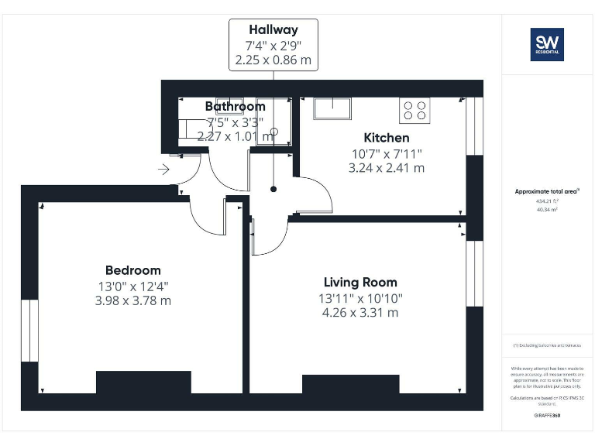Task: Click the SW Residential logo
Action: [x=546, y=44]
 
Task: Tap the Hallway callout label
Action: [x=273, y=30]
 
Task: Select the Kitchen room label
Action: [x=387, y=138]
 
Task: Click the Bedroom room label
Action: [x=133, y=270]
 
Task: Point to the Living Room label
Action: [x=360, y=283]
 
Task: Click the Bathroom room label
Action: [x=235, y=106]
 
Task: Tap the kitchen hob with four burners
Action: [x=414, y=111]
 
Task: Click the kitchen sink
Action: [x=332, y=108]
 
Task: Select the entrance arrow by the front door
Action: [x=163, y=169]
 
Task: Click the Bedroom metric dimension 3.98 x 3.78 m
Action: [x=133, y=300]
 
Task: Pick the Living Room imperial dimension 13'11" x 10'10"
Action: [x=360, y=298]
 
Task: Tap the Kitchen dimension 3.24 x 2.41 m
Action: [x=387, y=167]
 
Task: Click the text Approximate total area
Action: [x=546, y=191]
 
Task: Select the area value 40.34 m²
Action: [x=546, y=208]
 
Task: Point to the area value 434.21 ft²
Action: [x=546, y=201]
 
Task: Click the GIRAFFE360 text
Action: [x=547, y=416]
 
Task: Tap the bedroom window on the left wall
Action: [x=29, y=331]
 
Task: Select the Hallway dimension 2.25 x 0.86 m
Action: [x=273, y=59]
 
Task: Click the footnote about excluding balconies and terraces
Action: [x=547, y=345]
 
